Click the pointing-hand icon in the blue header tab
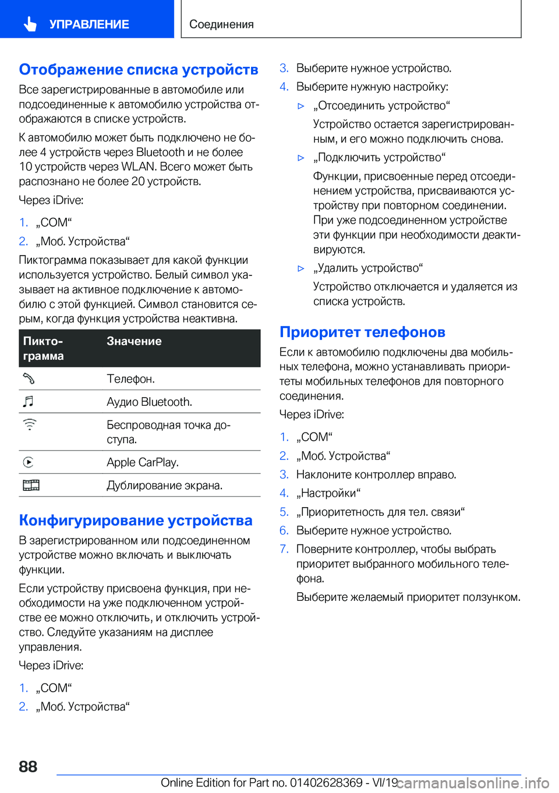(30, 24)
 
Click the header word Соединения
(221, 24)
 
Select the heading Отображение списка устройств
(139, 69)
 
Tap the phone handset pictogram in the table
(29, 378)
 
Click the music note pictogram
(29, 401)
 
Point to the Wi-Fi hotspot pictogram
(29, 424)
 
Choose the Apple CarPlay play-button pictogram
(29, 462)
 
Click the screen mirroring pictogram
(31, 485)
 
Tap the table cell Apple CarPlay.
(143, 462)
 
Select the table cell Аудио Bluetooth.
(149, 402)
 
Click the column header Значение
(134, 341)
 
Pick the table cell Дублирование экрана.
(164, 485)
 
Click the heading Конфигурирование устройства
(136, 520)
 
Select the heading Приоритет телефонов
(362, 332)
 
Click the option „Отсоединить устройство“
(381, 105)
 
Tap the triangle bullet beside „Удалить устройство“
(301, 268)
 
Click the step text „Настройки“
(328, 493)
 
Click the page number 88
(28, 766)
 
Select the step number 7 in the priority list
(284, 549)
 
